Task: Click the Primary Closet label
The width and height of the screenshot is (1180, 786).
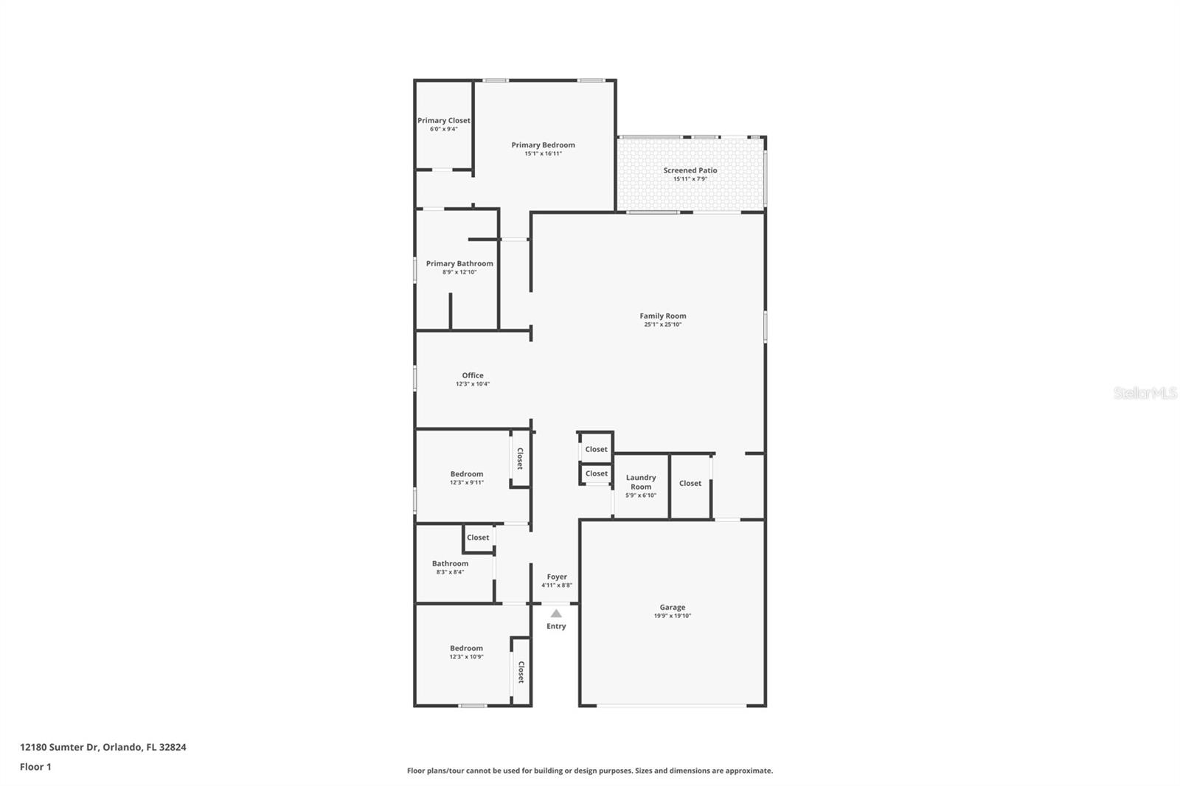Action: click(x=443, y=120)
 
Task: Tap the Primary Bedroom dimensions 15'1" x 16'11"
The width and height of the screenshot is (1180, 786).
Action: click(x=543, y=154)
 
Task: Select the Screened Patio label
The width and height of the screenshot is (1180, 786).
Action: click(x=690, y=170)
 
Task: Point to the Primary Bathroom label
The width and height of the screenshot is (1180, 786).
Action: click(x=459, y=263)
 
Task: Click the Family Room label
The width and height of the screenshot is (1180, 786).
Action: click(x=662, y=316)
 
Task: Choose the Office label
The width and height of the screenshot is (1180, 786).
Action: click(x=473, y=375)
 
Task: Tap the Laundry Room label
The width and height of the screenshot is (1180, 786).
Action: click(x=641, y=481)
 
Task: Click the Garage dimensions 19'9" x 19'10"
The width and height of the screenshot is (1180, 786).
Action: click(x=672, y=616)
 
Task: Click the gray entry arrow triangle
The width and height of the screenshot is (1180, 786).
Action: click(x=556, y=613)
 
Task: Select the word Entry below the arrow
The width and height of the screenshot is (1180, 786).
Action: click(x=556, y=626)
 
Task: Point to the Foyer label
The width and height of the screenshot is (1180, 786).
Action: click(x=557, y=577)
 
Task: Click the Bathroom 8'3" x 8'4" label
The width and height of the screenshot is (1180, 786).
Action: click(x=450, y=563)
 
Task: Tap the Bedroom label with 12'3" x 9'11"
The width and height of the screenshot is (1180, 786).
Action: click(x=467, y=474)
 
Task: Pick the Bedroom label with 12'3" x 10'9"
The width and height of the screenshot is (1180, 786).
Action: click(x=467, y=648)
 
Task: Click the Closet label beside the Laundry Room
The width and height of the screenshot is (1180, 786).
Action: click(x=690, y=483)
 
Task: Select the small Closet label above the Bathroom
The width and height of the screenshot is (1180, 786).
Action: click(x=478, y=538)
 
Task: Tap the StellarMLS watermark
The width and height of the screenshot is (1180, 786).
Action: click(x=1145, y=393)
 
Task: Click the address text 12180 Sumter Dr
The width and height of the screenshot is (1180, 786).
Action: click(x=103, y=747)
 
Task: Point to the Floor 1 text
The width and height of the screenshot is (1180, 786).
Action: click(x=35, y=767)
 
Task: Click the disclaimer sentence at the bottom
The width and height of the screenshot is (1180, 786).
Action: click(x=590, y=771)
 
